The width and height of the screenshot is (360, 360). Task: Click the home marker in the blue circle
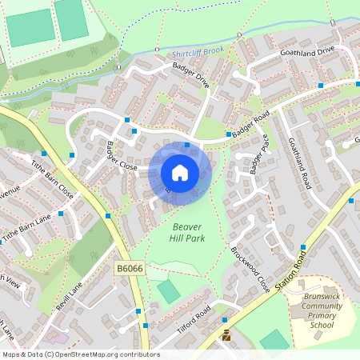coord(180,173)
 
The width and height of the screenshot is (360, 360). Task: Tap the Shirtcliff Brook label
coord(198,54)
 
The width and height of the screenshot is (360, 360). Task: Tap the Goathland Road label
coord(298,163)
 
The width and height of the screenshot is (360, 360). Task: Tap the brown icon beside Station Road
coord(226,336)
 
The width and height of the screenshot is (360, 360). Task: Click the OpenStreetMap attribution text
coord(80,354)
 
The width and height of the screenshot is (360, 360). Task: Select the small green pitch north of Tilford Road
coord(169,291)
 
